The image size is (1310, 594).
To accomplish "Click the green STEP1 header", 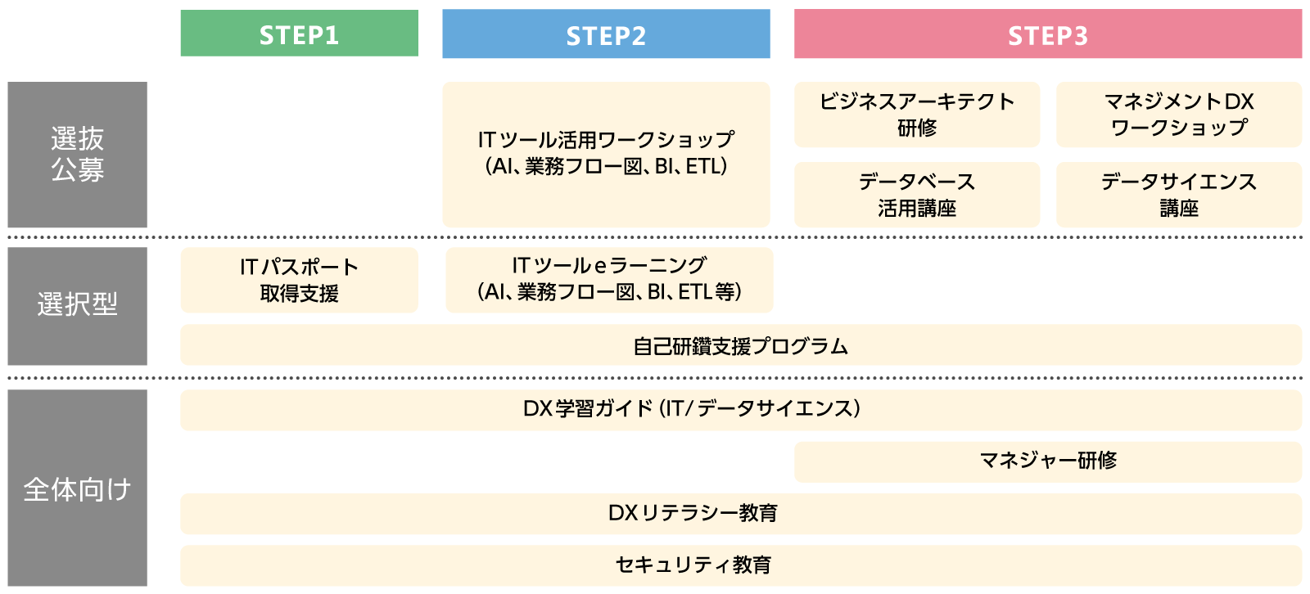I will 299,34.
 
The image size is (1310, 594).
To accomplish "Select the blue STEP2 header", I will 606,34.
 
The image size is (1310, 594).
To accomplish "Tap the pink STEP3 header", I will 1047,34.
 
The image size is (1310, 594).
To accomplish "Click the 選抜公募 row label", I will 77,154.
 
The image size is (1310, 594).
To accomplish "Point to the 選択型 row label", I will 77,305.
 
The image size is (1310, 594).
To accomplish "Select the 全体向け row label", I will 77,488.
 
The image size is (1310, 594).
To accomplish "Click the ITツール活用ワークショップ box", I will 606,154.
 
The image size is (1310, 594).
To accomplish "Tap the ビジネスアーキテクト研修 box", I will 916,115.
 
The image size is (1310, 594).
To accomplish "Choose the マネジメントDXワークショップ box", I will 1178,115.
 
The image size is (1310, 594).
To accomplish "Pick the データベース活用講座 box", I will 916,195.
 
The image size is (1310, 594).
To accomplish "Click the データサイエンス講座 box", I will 1178,195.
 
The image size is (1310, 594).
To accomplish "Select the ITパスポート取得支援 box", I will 299,280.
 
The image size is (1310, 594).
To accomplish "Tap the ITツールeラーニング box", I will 609,280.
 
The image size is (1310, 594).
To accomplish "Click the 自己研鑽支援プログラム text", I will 740,346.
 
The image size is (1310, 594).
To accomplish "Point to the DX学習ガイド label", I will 692,408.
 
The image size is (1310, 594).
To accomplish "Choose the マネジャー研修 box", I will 1047,461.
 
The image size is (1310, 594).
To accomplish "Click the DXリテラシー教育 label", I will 693,513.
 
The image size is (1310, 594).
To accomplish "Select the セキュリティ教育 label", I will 693,565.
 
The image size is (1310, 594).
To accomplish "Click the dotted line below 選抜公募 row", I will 655,237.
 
